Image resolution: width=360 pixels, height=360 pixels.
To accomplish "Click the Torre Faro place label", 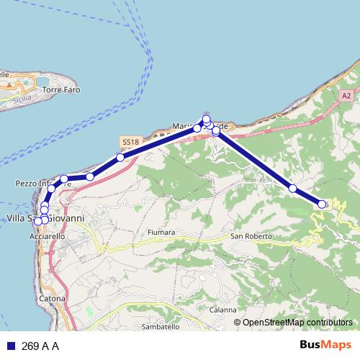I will point(61,90).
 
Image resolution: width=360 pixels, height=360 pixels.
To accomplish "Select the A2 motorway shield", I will point(346,96).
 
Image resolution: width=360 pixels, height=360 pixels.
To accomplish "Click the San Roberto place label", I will point(251,236).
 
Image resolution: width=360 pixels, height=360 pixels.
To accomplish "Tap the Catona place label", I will point(53,298).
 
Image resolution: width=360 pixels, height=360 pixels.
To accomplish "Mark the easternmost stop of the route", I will point(322,204).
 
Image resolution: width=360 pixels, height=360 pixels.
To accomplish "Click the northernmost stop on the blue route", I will point(206,119).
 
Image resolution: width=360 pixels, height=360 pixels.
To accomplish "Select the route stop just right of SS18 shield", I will point(120,157).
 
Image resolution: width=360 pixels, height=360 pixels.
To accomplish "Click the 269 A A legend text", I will point(40,346).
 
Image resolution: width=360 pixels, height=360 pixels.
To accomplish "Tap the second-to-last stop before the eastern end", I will point(293,188).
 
